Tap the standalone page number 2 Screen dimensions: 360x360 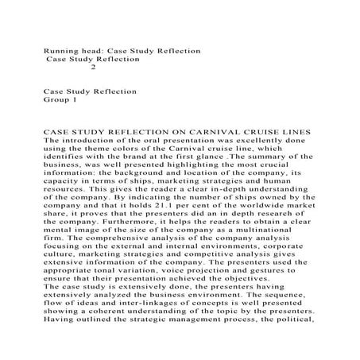[x=94, y=68]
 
